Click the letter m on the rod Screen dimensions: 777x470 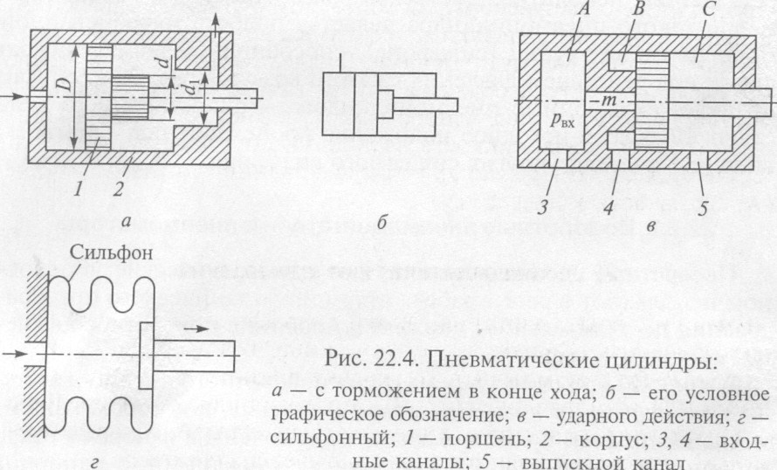click(608, 101)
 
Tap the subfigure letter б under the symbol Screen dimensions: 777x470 click(382, 221)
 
